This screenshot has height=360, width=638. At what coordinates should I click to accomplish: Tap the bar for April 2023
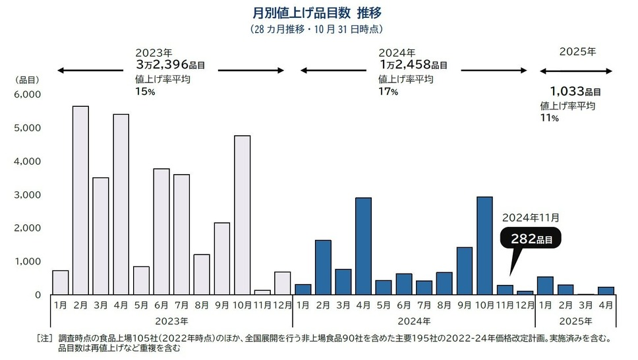(121, 204)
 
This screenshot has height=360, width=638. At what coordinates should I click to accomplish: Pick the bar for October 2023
(243, 215)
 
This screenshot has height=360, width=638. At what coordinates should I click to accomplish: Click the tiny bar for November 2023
(263, 292)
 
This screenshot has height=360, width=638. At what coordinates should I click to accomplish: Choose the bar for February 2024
(324, 267)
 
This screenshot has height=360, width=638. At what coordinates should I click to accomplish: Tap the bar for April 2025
(606, 291)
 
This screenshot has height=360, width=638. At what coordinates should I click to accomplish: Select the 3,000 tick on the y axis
(28, 195)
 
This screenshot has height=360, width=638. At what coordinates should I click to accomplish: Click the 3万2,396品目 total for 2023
(170, 65)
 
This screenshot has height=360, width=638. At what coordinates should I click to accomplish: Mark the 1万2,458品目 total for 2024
(413, 65)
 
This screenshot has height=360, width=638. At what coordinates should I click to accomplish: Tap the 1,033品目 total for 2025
(575, 92)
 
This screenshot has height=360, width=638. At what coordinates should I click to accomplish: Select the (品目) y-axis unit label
(27, 80)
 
